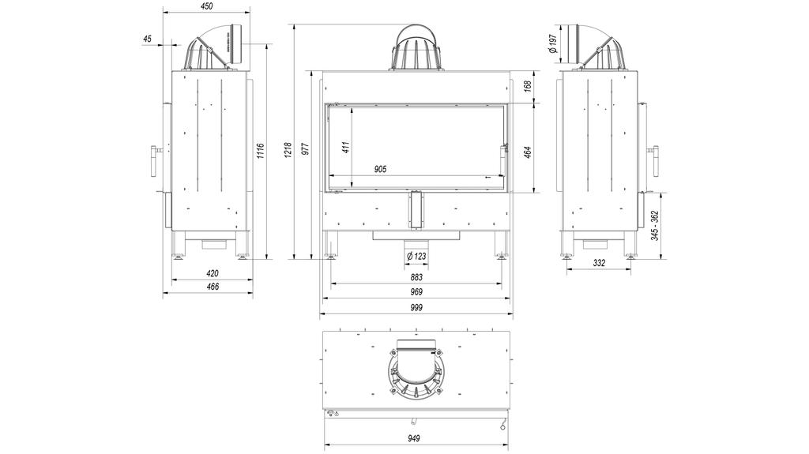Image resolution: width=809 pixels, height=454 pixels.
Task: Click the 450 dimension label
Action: point(206,6)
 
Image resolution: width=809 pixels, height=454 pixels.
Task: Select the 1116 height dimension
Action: point(261,150)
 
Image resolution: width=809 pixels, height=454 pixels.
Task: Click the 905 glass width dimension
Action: point(380,169)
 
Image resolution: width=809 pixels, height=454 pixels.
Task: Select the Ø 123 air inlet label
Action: point(416,256)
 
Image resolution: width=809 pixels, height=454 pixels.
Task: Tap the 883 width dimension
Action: point(416,277)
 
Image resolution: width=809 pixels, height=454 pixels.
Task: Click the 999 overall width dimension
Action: point(416,308)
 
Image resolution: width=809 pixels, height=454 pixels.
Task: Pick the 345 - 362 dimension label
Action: point(656,224)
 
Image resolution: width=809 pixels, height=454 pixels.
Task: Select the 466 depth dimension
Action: point(212,287)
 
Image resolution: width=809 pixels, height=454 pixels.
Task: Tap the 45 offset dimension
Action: point(149,39)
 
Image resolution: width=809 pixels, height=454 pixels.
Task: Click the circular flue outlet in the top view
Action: point(416,371)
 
